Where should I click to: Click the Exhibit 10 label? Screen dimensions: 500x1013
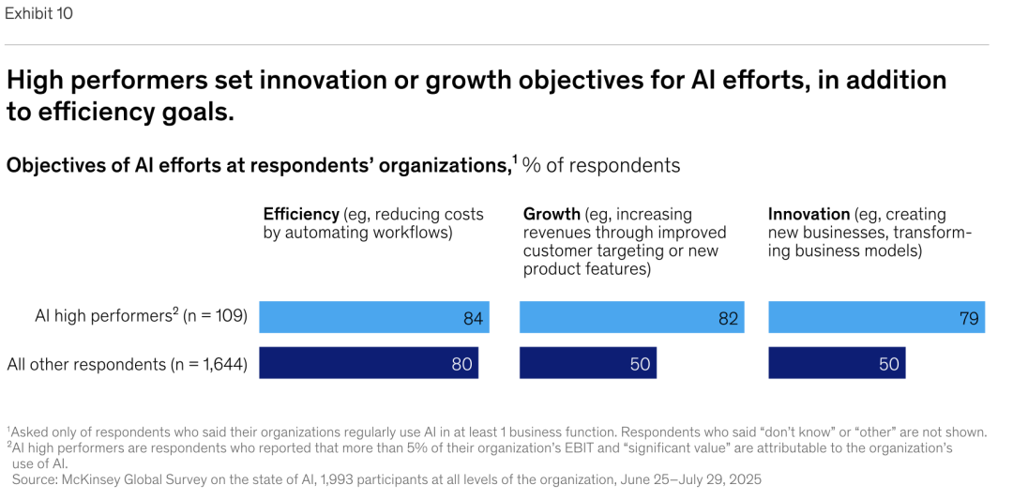38,13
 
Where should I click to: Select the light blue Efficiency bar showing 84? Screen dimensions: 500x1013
373,317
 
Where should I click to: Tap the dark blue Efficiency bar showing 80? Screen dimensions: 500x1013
368,363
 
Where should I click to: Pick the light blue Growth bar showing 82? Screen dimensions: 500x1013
631,317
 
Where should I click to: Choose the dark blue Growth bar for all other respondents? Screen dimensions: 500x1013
587,363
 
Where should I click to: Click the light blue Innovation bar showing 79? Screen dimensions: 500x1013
875,317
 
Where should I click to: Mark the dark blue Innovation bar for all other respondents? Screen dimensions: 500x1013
836,363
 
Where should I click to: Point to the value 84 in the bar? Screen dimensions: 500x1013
473,318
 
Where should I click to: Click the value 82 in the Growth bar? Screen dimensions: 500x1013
729,318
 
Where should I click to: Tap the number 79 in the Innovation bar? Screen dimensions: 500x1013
969,318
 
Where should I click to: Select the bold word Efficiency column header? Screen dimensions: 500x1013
301,214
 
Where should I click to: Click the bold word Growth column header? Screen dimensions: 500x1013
552,214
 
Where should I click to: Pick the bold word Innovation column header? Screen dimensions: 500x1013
809,214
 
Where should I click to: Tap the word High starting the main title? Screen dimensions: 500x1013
34,80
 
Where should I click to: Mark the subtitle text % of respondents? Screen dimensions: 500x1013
601,165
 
